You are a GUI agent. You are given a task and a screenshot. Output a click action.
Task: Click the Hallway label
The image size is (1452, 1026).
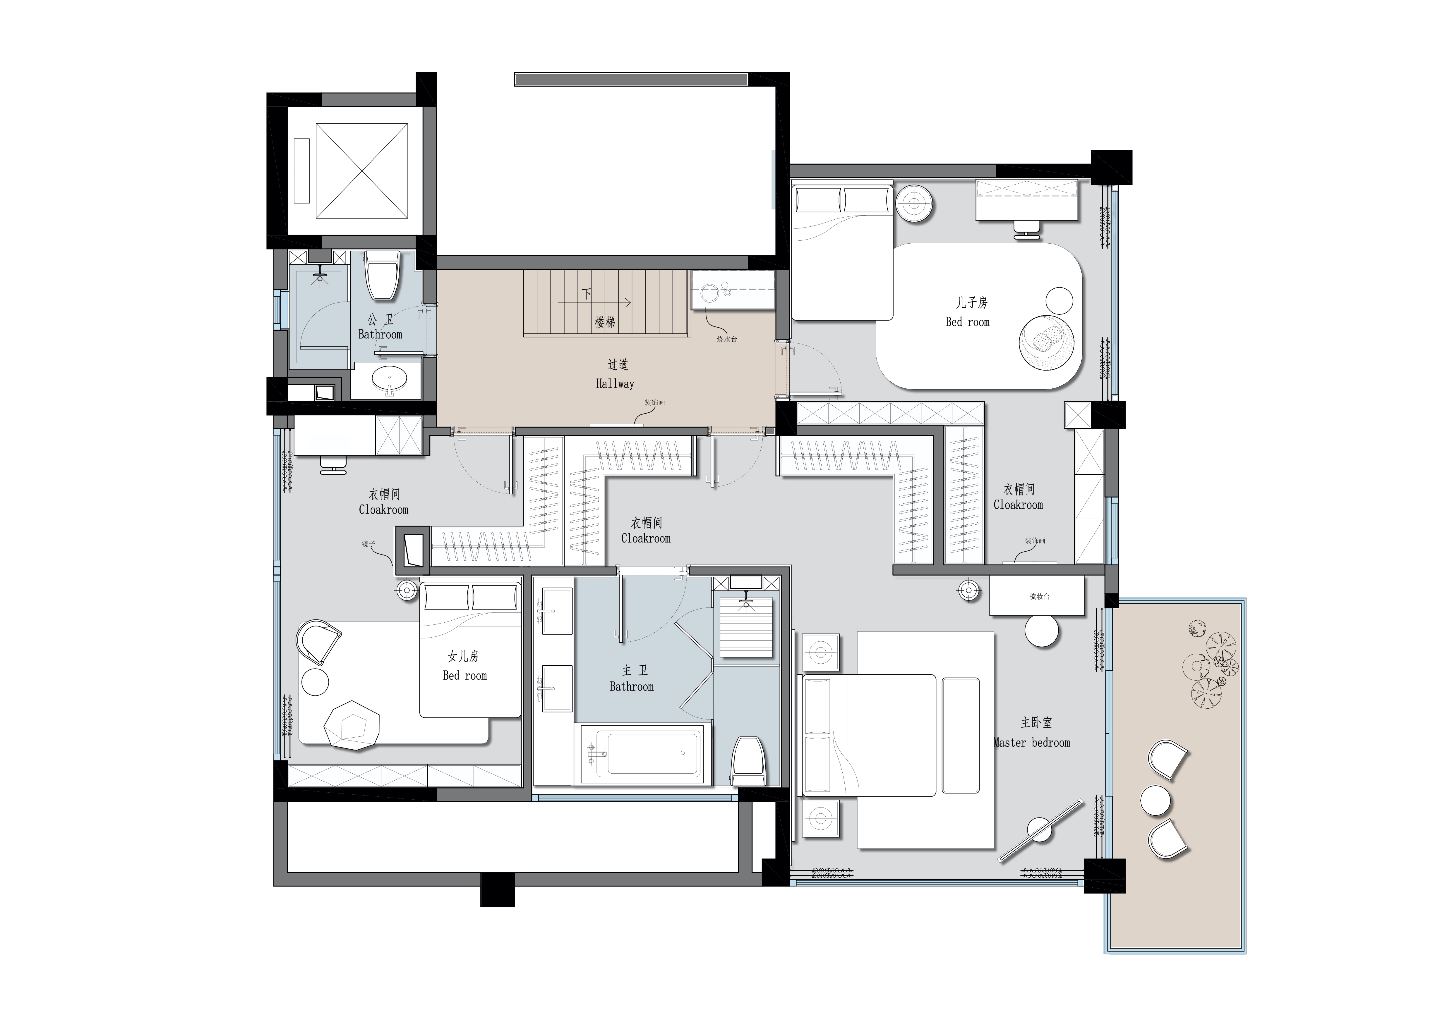[x=615, y=383]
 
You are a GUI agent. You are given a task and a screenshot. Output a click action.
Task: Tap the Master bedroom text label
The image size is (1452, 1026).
[x=1032, y=743]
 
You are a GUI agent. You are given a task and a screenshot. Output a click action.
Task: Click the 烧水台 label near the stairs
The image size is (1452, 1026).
[x=727, y=339]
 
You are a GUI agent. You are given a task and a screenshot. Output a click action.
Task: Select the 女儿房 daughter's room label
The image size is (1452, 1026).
[x=464, y=657]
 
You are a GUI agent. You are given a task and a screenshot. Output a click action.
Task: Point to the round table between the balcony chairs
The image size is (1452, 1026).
[x=1155, y=800]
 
